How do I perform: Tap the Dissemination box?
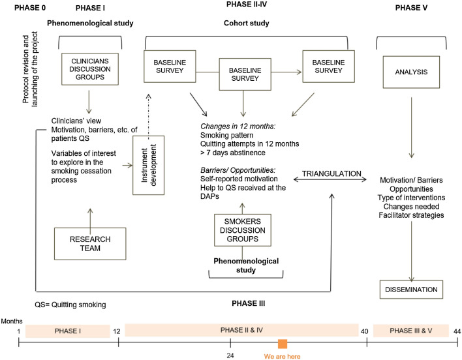[410, 288]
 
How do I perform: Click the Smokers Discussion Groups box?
[242, 230]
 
